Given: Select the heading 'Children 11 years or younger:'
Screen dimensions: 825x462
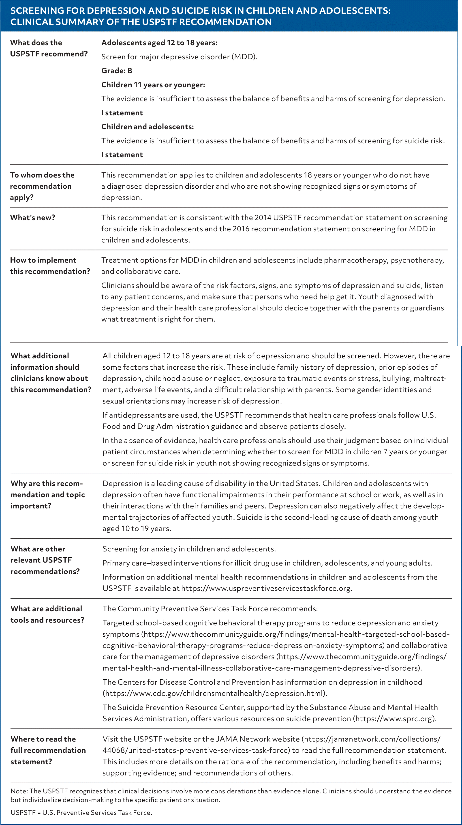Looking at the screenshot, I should (153, 85).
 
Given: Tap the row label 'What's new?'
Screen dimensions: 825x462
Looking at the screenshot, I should (33, 218).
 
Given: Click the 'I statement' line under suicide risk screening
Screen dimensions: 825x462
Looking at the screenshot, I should (122, 155).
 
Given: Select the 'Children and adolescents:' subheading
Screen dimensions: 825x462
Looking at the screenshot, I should (148, 127).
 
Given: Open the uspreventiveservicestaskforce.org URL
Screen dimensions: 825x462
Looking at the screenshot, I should (266, 588).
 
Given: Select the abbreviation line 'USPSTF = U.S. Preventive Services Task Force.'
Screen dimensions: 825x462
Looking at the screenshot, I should (81, 812).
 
